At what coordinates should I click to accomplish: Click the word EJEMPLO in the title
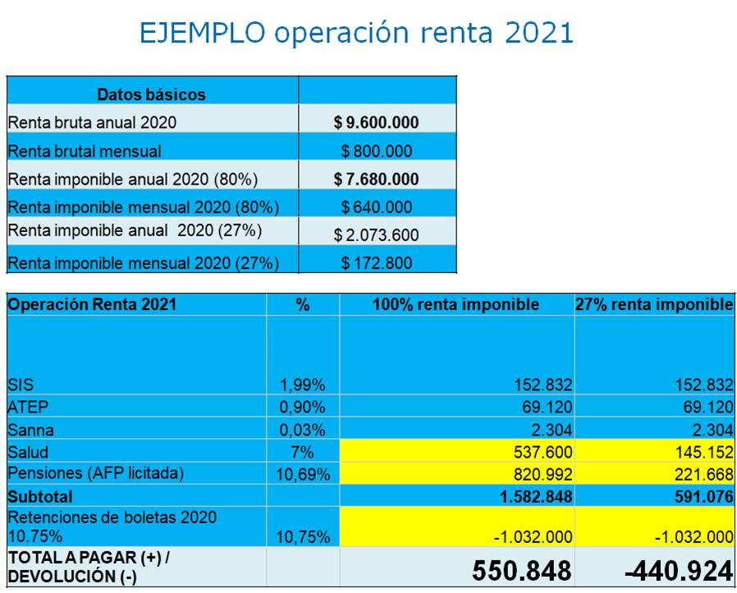201,33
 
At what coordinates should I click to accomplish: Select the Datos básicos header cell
151,94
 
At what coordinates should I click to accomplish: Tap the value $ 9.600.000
377,123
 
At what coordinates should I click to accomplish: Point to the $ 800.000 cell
377,151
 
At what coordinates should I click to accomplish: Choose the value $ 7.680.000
377,179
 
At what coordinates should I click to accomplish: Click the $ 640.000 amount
377,207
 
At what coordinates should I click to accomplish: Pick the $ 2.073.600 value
377,235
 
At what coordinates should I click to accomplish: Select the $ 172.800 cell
377,263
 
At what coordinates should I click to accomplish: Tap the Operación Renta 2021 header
92,304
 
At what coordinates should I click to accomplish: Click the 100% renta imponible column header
455,304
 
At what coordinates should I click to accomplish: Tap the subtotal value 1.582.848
529,496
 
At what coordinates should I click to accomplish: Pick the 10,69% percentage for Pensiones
302,475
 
